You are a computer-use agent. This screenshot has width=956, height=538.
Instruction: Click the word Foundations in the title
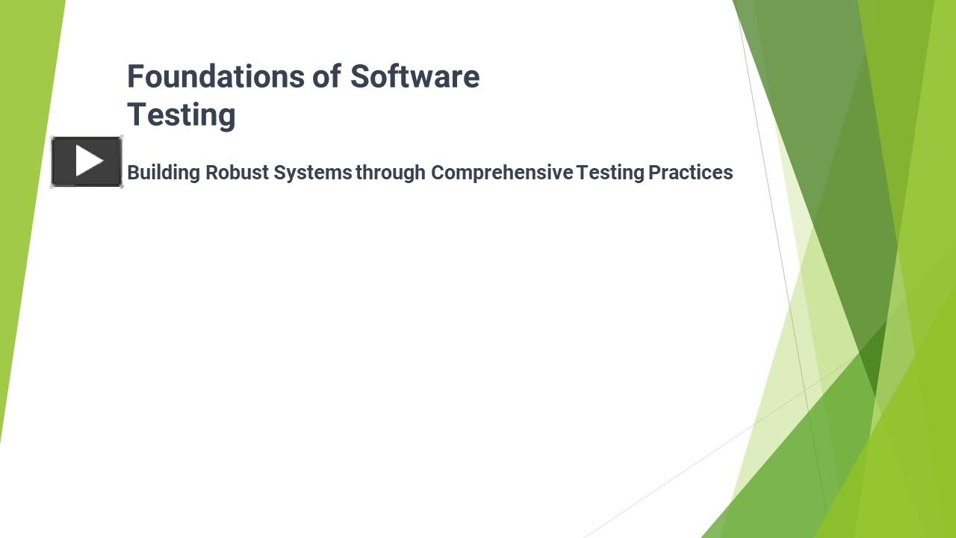point(216,76)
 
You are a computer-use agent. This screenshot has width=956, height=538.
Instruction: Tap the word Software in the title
point(415,76)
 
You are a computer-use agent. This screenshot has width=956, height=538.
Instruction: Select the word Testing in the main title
point(181,114)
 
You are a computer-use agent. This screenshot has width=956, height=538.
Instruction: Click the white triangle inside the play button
point(89,161)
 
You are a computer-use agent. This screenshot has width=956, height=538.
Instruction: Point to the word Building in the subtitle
point(164,173)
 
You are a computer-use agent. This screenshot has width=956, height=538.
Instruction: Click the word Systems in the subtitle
point(312,173)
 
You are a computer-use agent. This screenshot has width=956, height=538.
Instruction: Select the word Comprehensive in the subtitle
point(502,173)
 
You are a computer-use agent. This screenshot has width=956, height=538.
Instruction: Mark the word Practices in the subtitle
point(691,173)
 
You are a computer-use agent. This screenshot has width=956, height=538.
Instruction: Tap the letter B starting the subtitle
point(133,173)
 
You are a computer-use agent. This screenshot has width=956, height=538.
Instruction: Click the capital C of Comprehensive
point(438,173)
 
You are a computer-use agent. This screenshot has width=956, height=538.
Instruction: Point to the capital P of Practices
point(654,173)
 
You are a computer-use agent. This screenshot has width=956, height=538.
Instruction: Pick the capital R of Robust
point(211,173)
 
